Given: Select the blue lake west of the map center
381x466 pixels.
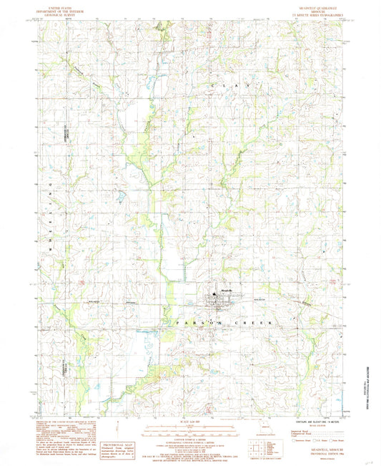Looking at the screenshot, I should (x=122, y=193).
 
